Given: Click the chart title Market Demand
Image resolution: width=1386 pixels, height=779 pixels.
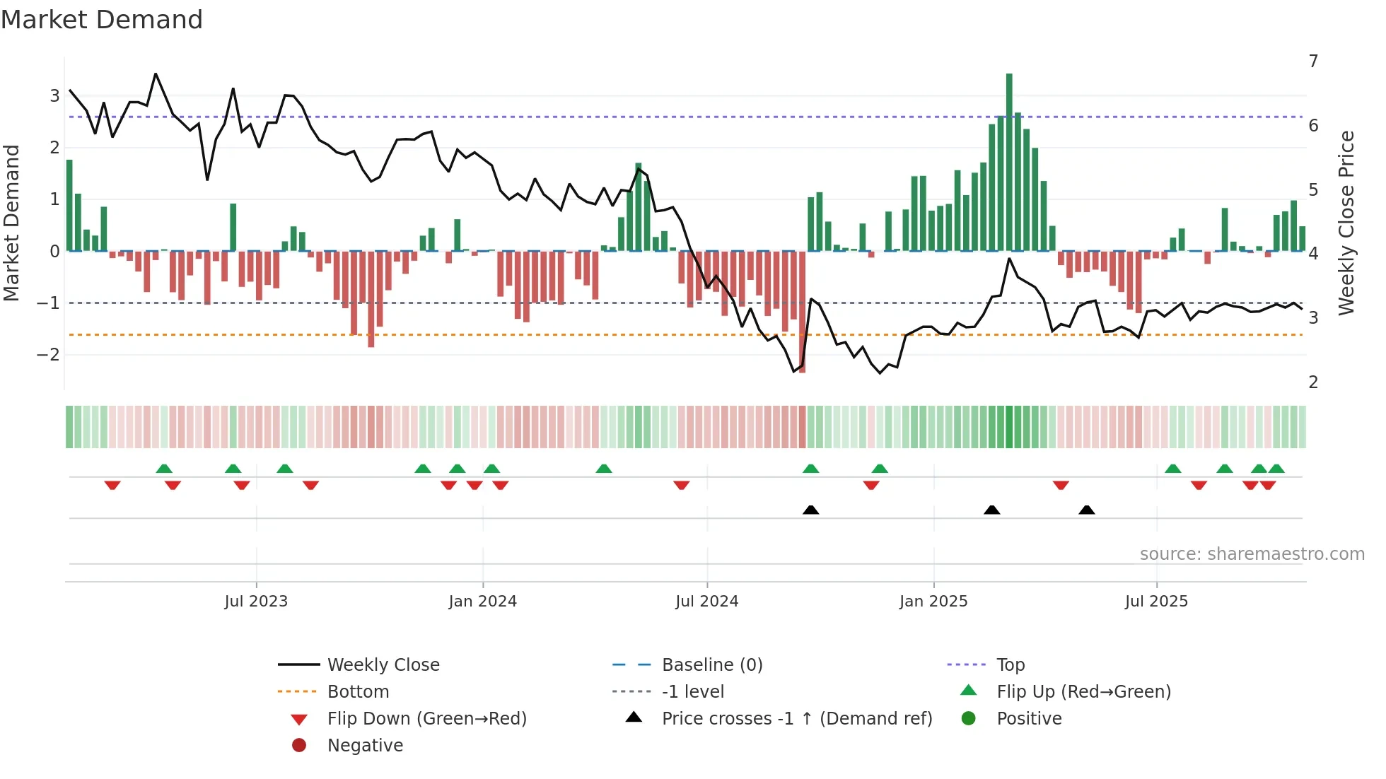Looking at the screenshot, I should click(102, 20).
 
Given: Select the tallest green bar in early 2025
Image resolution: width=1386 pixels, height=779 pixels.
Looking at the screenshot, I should click(1009, 163).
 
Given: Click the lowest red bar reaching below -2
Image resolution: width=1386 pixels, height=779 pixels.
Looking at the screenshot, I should click(802, 311).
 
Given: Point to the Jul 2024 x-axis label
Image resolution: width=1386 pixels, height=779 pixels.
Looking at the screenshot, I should click(706, 602).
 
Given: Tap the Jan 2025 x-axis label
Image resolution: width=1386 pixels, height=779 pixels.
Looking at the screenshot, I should click(933, 602).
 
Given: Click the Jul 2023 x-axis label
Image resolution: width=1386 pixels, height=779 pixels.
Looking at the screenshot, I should click(256, 602).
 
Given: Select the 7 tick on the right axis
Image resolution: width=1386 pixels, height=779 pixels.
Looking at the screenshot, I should click(1313, 61).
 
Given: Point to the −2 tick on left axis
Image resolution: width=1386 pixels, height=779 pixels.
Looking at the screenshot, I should click(48, 355).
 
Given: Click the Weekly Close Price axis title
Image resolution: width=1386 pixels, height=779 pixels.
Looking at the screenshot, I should click(1346, 223).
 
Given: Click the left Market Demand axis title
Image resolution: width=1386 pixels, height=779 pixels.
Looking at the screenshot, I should click(12, 223).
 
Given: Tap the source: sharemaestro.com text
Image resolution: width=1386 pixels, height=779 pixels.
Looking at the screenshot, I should click(1252, 554).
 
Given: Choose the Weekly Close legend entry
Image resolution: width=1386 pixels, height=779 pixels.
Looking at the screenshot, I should click(383, 665).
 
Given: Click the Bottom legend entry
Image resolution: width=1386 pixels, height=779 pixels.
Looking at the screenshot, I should click(358, 692).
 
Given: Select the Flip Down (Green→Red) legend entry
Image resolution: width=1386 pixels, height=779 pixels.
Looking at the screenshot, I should click(426, 719).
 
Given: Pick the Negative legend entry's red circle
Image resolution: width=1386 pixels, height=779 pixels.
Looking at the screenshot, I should click(299, 746).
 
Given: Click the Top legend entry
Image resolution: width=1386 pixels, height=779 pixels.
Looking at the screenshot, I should click(1011, 665).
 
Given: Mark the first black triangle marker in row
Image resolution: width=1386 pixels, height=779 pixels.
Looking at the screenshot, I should click(811, 510).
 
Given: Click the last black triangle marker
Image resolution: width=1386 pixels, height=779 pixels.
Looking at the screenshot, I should click(1087, 510).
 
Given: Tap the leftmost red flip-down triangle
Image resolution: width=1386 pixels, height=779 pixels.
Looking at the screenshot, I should click(112, 485).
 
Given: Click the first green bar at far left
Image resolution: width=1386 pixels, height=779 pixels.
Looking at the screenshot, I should click(69, 206).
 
